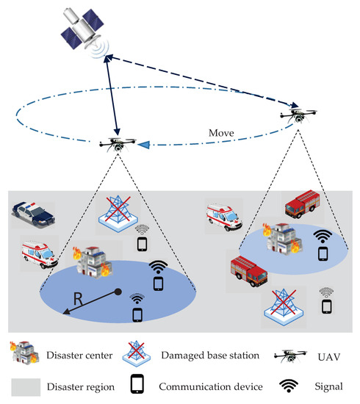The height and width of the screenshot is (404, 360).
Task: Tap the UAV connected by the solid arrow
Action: [x=117, y=143]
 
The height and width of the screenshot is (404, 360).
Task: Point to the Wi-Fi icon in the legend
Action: [x=292, y=384]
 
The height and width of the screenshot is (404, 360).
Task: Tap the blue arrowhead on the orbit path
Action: [x=151, y=145]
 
